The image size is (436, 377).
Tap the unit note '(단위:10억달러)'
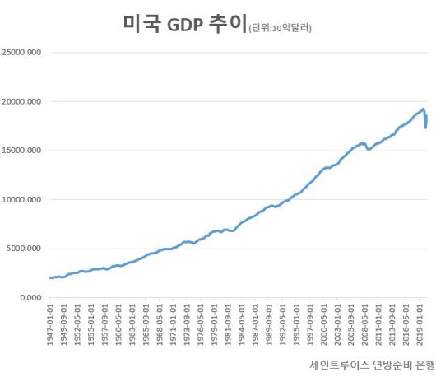280,29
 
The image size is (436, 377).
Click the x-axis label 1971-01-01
173,322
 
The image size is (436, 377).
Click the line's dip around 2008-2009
369,149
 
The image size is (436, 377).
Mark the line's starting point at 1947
51,277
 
